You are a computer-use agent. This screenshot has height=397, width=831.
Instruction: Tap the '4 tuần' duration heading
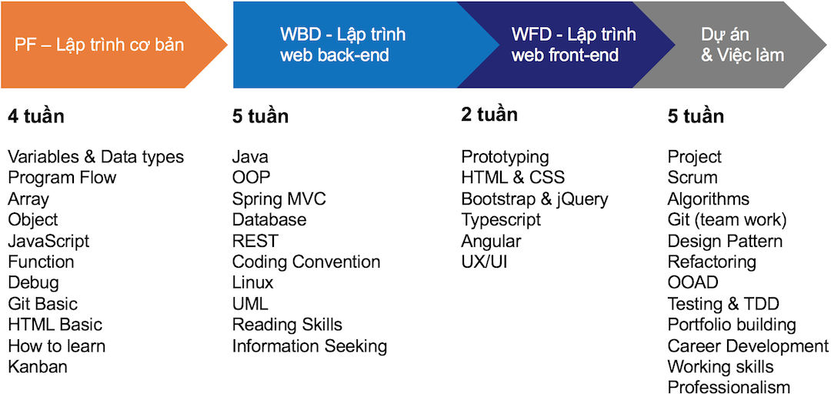coord(36,116)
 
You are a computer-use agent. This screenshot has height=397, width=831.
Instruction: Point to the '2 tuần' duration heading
coord(489,115)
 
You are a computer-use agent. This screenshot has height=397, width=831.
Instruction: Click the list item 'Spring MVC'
coord(279,199)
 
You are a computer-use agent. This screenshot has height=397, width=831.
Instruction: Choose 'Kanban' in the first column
coord(38,366)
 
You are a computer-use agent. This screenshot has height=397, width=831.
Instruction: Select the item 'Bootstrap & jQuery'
coord(535,199)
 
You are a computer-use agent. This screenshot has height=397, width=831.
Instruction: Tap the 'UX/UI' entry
coord(485,262)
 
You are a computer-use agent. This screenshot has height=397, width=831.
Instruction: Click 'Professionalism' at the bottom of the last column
coord(729,387)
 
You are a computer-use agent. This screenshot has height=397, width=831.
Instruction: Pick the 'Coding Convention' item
coord(306,262)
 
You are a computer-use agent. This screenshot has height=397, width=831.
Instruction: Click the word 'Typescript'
coord(501,220)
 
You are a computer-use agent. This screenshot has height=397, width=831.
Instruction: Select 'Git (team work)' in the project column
coord(727,220)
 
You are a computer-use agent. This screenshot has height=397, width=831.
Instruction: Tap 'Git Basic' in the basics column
coord(42,304)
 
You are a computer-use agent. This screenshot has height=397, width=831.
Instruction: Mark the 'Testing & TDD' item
coord(723,304)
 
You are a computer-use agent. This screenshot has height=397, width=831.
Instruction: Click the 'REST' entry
coord(255,241)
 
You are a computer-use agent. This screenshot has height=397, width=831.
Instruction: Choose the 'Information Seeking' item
coord(309,346)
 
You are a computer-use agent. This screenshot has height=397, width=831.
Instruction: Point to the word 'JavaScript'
coord(48,241)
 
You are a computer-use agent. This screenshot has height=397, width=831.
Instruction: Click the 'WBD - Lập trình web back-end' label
coord(343,45)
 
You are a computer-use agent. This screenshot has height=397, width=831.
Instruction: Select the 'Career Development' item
coord(748,346)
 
